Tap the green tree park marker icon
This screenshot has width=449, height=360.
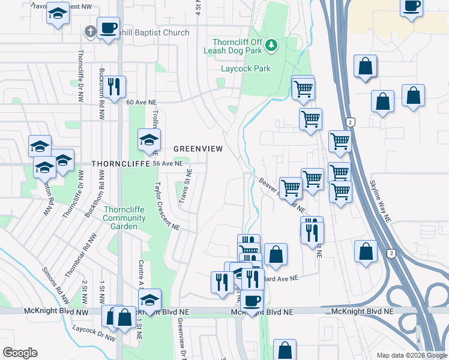pyautogui.click(x=271, y=44)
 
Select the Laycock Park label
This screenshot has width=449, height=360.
pyautogui.click(x=246, y=69)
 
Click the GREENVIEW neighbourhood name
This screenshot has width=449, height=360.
pyautogui.click(x=198, y=148)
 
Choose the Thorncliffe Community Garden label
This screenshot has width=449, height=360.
pyautogui.click(x=125, y=218)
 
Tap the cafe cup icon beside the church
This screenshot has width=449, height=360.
pyautogui.click(x=109, y=28)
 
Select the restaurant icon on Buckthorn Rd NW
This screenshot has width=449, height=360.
pyautogui.click(x=113, y=87)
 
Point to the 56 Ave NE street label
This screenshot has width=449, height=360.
pyautogui.click(x=167, y=163)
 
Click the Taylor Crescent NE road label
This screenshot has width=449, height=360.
pyautogui.click(x=167, y=206)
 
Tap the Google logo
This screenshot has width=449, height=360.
pyautogui.click(x=20, y=353)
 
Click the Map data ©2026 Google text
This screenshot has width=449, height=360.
pyautogui.click(x=412, y=355)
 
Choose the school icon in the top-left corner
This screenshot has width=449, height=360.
pyautogui.click(x=58, y=14)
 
